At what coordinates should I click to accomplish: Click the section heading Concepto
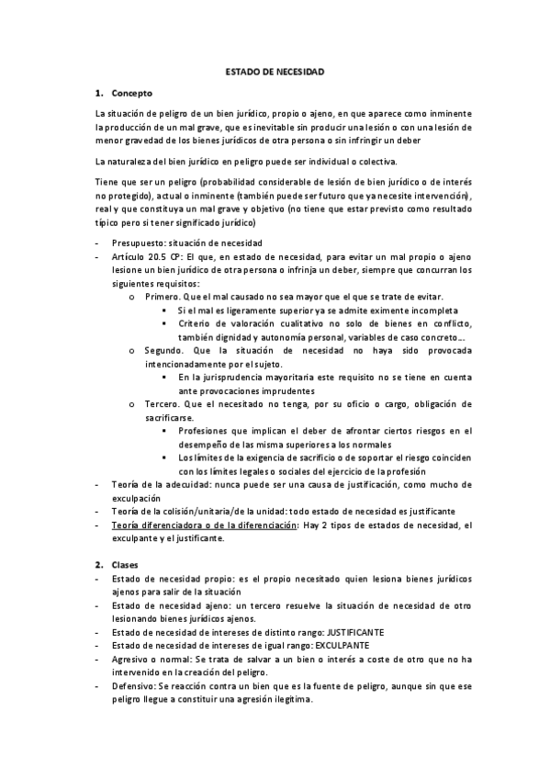point(132,94)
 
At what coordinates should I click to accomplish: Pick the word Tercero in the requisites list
point(162,403)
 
